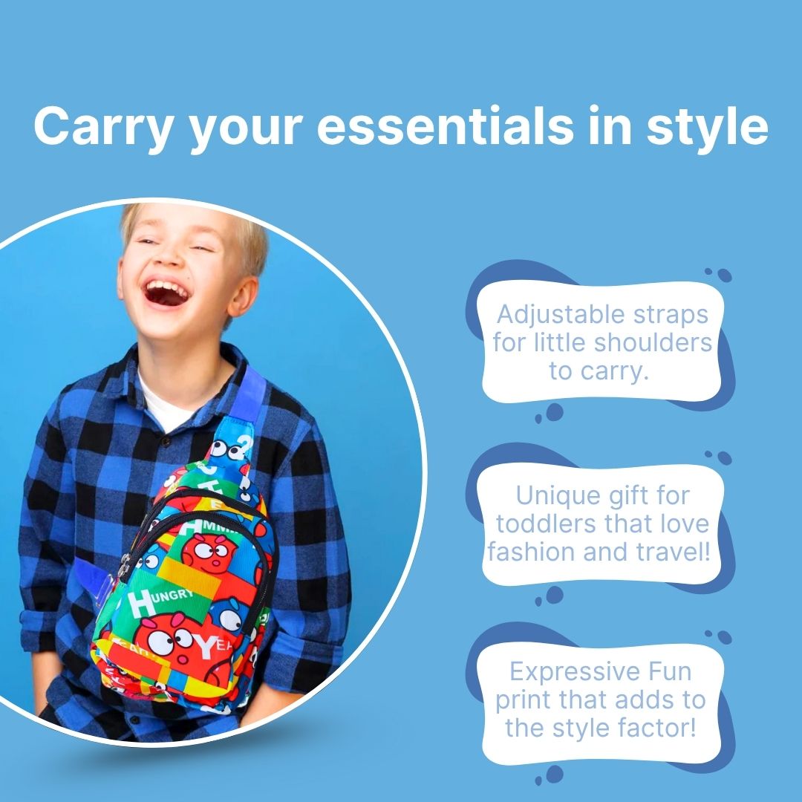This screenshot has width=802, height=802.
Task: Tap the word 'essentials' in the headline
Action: (445, 125)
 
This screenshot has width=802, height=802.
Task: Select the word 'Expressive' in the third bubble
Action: (575, 673)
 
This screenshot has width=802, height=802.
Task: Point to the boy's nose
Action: (169, 259)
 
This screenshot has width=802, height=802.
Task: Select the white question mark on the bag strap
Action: (247, 445)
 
